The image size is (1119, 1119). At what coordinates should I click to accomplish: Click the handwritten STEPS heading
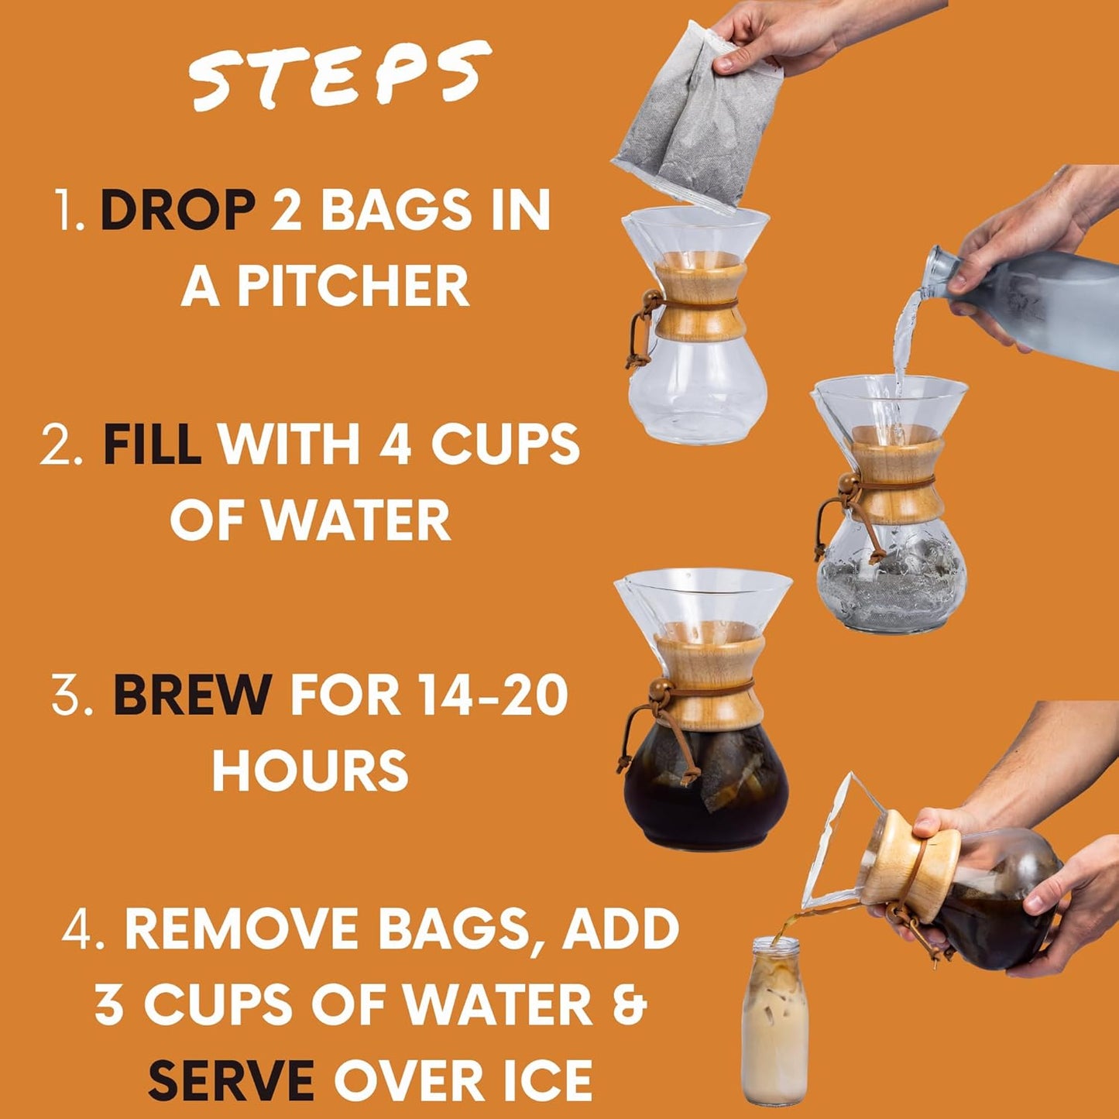339,76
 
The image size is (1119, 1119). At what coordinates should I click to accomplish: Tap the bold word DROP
177,210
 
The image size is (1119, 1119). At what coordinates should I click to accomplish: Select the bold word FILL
152,445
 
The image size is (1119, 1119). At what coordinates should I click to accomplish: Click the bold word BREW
192,695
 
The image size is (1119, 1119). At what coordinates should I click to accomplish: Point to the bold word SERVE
231,1080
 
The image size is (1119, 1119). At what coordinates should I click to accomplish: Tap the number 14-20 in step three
492,695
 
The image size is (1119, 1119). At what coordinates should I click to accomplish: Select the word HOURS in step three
310,771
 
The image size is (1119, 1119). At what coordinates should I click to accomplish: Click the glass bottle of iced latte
774,1022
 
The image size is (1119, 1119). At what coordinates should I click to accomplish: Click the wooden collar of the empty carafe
700,301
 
